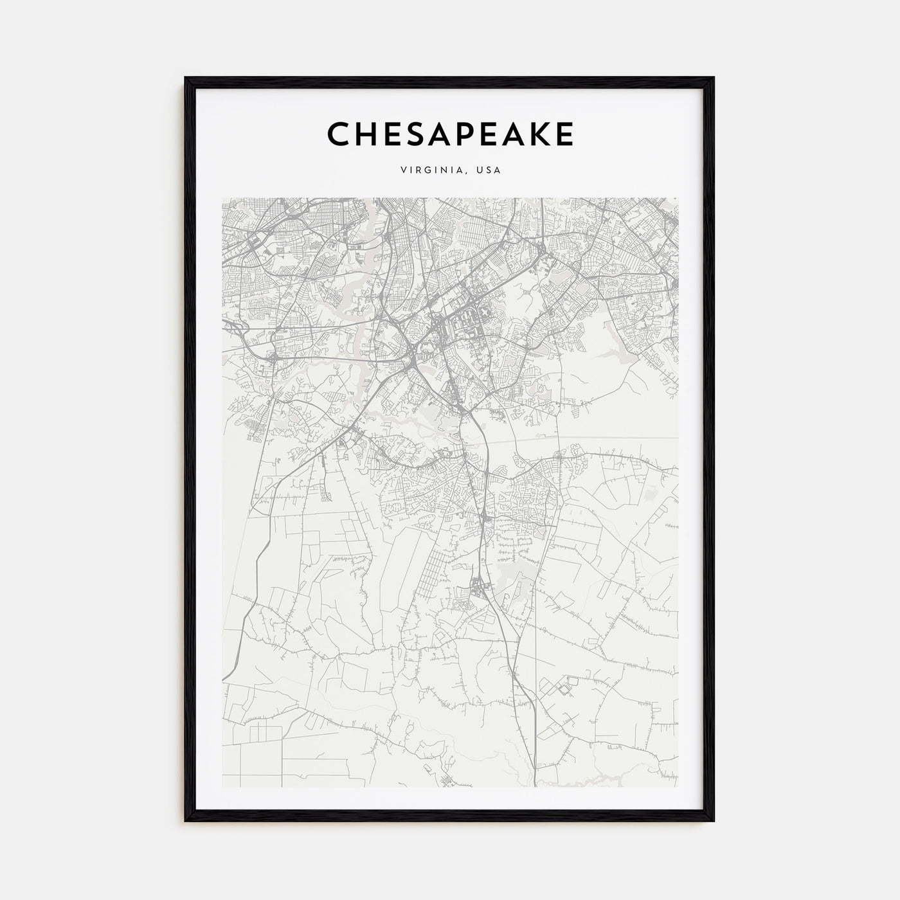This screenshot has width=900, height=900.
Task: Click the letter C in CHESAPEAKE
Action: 339,134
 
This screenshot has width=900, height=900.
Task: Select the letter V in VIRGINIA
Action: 402,170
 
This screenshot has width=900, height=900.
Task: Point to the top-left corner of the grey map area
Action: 222,198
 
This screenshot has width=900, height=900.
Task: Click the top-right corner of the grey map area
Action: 678,198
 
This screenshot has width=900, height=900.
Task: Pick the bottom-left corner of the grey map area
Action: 222,787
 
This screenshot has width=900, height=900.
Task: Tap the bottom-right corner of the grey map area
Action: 678,787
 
